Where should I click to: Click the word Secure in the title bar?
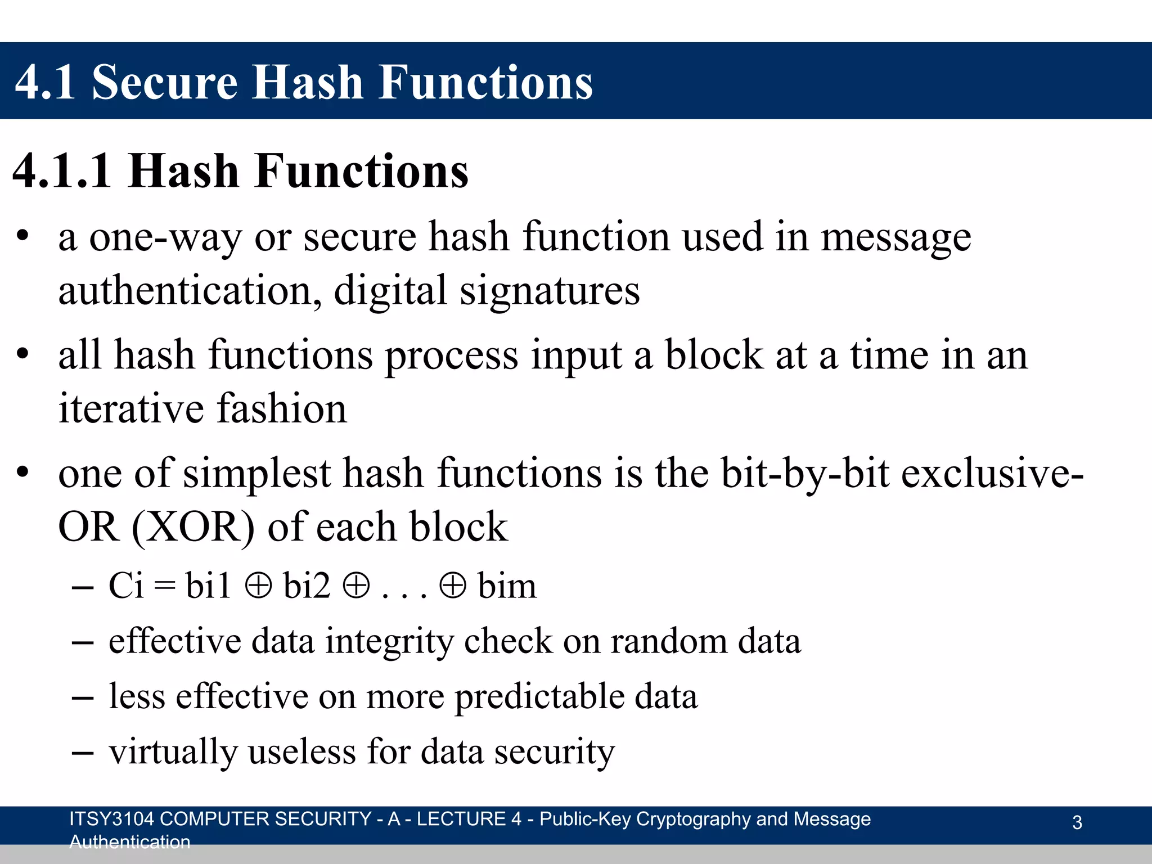click(x=164, y=83)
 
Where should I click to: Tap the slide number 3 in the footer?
click(x=1077, y=822)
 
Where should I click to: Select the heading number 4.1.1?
click(x=62, y=171)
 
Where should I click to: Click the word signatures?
click(x=550, y=291)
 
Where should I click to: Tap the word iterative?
click(x=131, y=409)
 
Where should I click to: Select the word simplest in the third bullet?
click(x=256, y=474)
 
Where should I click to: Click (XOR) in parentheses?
click(x=193, y=527)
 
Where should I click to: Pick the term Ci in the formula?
click(x=126, y=586)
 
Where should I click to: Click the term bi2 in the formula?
click(x=307, y=586)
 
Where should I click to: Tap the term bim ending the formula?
click(x=507, y=586)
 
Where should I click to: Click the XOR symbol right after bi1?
click(x=258, y=586)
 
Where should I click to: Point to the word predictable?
click(x=538, y=696)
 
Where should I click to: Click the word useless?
click(x=302, y=751)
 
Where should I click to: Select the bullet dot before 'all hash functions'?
click(x=22, y=354)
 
